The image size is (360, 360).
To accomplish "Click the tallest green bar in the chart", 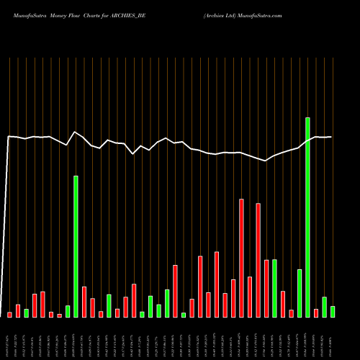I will point(307,217).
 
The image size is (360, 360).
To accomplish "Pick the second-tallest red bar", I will point(258,260).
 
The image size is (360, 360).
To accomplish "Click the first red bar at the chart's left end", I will point(9,315).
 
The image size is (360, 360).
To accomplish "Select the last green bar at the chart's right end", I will point(333,311).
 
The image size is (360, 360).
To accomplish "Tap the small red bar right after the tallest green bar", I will point(316,312).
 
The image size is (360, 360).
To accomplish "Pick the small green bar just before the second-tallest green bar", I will point(68,311).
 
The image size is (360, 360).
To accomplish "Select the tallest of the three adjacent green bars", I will point(167,303).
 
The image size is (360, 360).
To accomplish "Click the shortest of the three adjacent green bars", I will point(158,310).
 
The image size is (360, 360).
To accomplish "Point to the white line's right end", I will point(331,137).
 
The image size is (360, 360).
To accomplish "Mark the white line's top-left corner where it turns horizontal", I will point(9,136).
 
